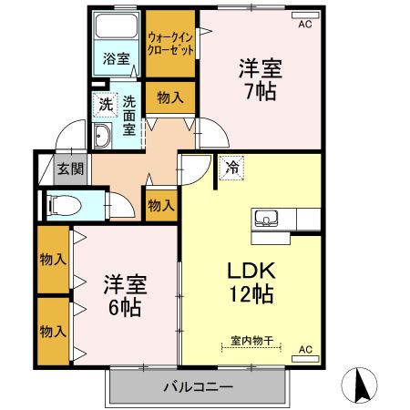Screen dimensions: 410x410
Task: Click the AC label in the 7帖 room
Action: click(x=304, y=25)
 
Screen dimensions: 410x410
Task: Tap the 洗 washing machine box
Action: click(x=107, y=105)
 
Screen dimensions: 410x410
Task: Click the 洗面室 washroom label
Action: click(x=129, y=116)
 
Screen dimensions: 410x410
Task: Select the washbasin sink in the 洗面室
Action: click(x=102, y=138)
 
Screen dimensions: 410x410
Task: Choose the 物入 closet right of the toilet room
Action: click(x=161, y=205)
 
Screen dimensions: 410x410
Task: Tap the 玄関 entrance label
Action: click(x=69, y=169)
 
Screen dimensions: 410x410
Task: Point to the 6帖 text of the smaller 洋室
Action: click(x=125, y=308)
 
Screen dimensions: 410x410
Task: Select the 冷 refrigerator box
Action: click(x=231, y=168)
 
